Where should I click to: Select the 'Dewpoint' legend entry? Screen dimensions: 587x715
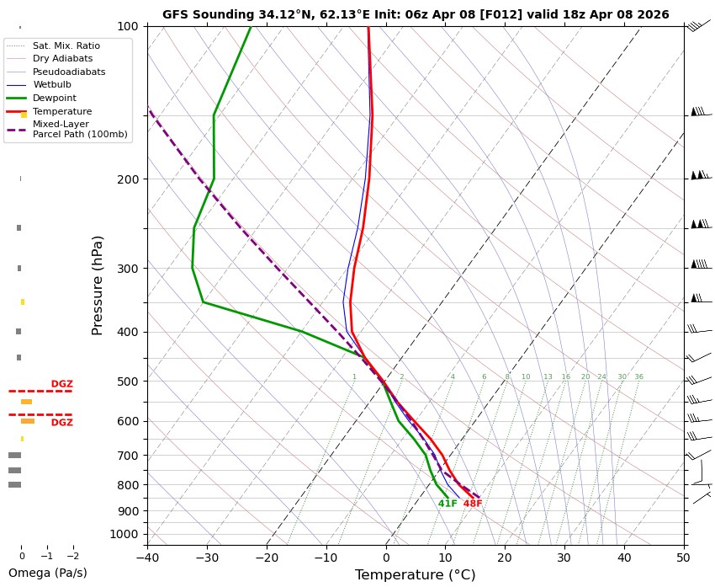click(x=54, y=98)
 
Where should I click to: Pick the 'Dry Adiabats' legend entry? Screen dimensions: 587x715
click(x=62, y=58)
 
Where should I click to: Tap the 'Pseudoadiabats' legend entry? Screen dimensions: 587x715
click(x=69, y=72)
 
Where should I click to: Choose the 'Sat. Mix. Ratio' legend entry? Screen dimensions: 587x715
click(x=66, y=45)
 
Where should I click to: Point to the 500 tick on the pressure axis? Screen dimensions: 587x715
click(x=127, y=382)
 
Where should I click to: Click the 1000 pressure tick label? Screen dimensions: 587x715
click(x=124, y=534)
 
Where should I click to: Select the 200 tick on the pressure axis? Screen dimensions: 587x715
click(x=127, y=179)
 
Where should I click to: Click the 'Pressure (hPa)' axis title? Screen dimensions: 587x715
click(x=98, y=285)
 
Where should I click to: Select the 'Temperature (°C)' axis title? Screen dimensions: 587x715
click(x=416, y=575)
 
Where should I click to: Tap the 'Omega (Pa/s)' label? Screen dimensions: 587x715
click(x=47, y=573)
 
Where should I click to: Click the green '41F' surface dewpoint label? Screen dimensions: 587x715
click(x=448, y=504)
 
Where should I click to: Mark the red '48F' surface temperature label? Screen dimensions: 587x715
click(x=473, y=504)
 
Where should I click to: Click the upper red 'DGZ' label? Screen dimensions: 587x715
click(x=62, y=384)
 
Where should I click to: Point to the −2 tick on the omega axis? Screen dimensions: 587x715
click(x=72, y=557)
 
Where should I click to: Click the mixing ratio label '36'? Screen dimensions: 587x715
click(x=638, y=377)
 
